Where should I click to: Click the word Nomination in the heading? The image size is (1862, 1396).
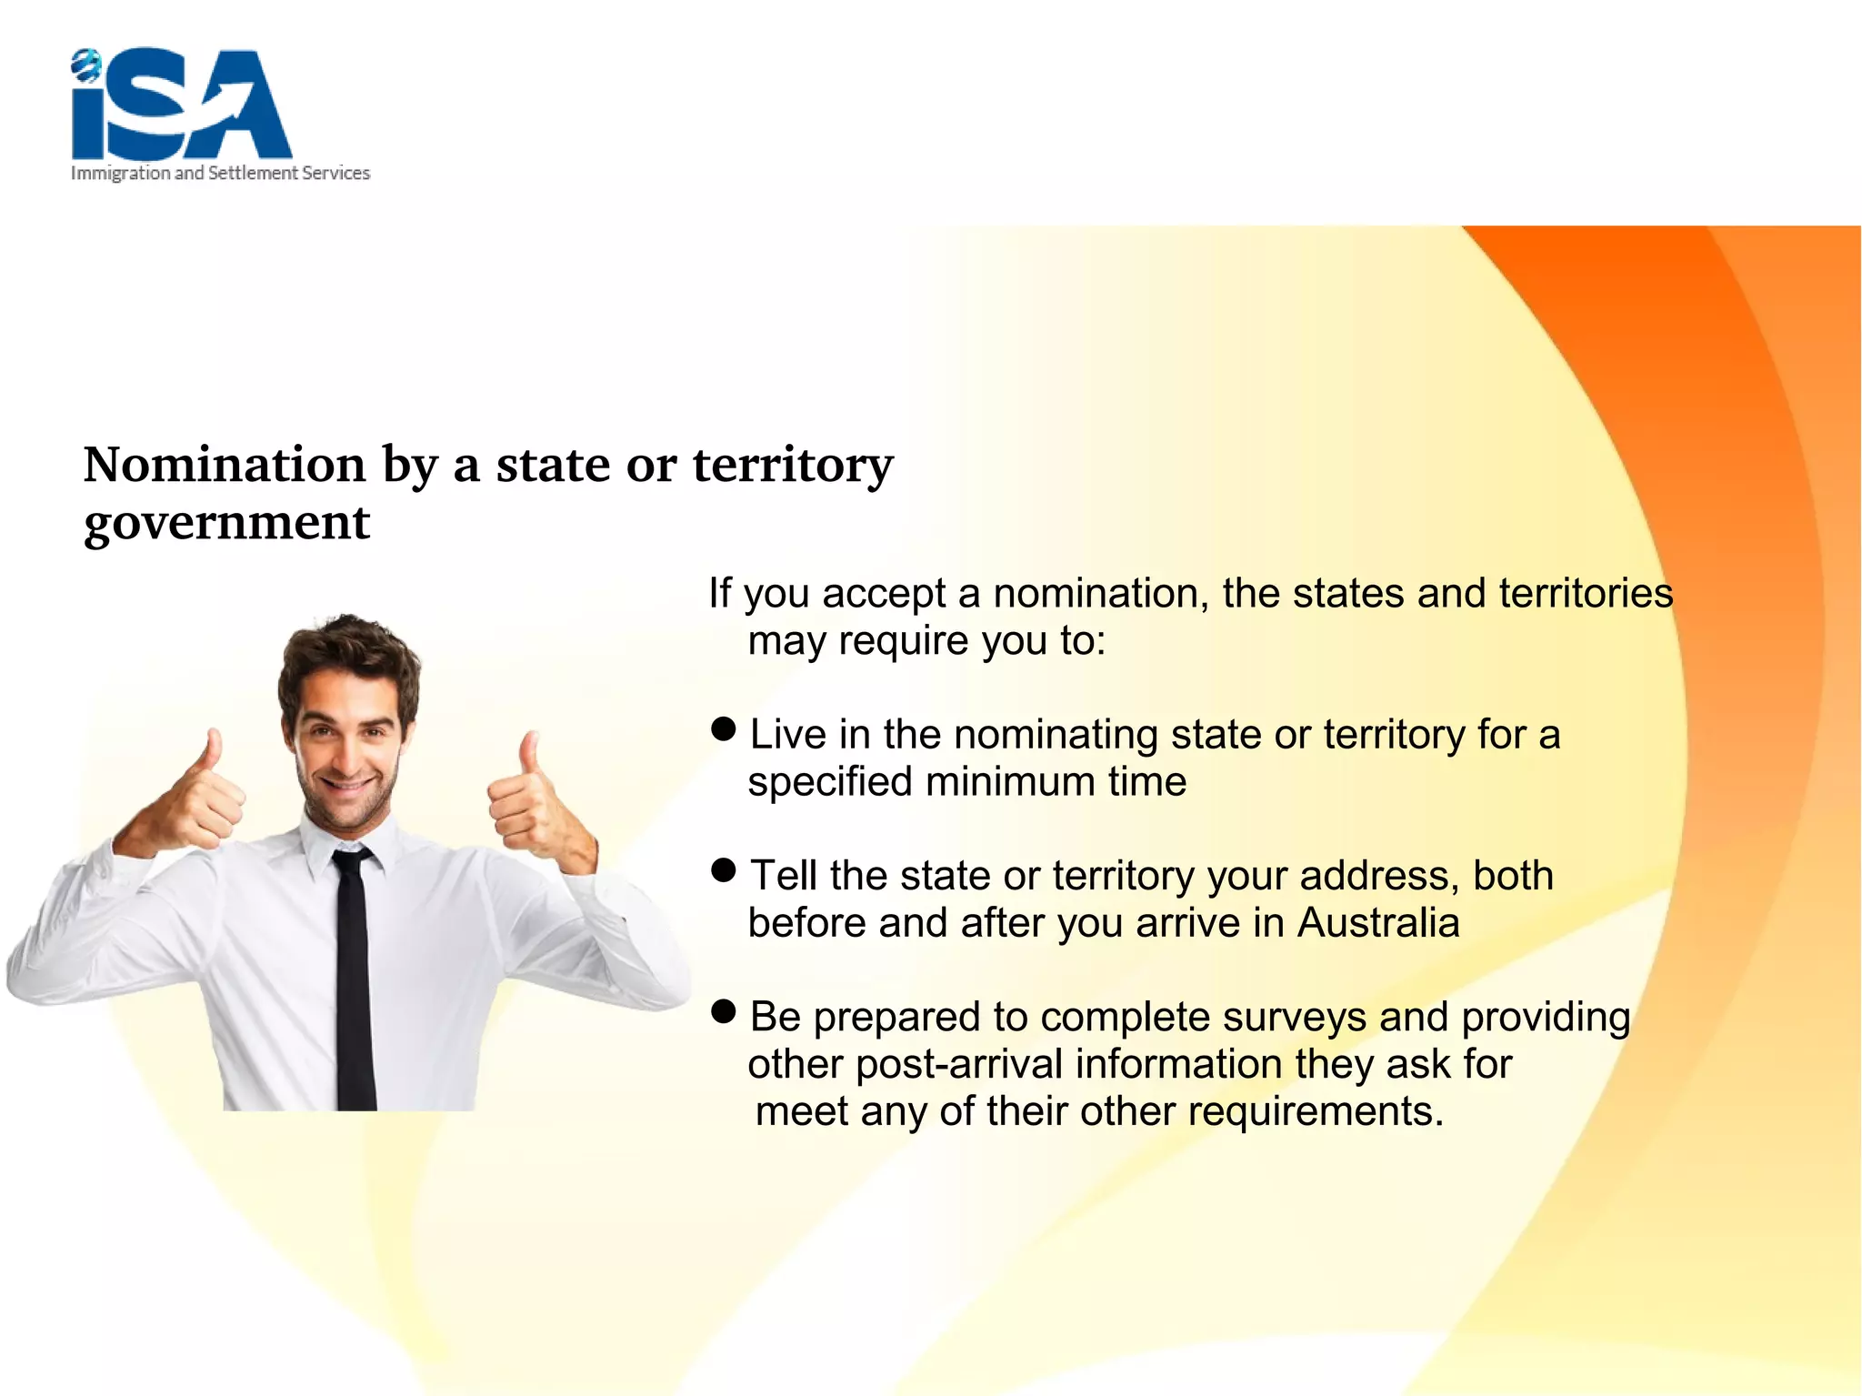[x=224, y=465]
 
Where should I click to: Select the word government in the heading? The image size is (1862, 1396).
[x=226, y=523]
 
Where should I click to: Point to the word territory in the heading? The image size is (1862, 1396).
[x=793, y=467]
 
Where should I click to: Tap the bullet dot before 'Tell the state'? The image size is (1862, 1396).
[x=724, y=870]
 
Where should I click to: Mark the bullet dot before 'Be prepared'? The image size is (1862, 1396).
[x=724, y=1011]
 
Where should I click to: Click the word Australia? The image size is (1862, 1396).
[x=1377, y=923]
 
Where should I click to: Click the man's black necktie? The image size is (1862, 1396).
[x=354, y=982]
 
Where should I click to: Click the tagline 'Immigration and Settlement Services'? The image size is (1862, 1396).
[x=220, y=173]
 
